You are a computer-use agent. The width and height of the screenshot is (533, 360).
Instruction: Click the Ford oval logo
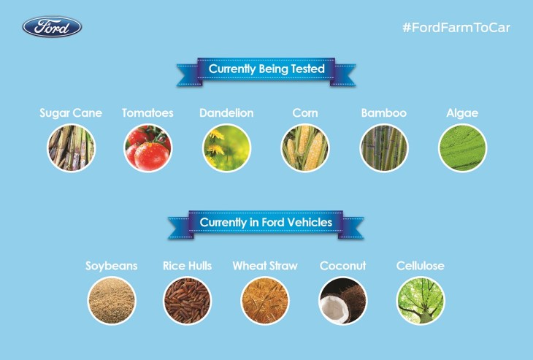(x=52, y=28)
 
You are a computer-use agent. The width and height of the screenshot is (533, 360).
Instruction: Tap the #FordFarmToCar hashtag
(x=456, y=28)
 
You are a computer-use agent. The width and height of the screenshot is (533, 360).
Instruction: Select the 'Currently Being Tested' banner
(x=266, y=69)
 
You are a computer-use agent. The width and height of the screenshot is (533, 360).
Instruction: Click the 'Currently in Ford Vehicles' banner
(x=266, y=222)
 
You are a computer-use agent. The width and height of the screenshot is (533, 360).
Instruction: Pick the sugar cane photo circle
(x=71, y=148)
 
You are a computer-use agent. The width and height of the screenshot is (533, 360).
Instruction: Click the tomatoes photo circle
(x=147, y=148)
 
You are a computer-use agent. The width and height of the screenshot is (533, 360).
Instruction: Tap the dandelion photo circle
(x=226, y=148)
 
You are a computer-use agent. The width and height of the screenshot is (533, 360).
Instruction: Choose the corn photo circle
(x=305, y=148)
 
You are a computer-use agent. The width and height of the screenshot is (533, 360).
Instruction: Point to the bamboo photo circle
(x=383, y=148)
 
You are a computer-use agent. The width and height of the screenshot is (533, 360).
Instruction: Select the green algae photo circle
(x=462, y=148)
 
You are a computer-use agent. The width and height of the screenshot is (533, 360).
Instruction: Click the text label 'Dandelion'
(x=226, y=113)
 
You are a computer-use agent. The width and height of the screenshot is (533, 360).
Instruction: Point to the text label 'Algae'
(x=462, y=113)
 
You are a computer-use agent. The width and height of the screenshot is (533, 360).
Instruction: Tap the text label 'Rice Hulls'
(x=187, y=266)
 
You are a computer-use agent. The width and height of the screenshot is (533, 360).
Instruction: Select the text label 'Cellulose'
(x=420, y=266)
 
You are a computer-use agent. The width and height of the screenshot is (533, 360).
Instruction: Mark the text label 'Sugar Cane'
(x=71, y=113)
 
